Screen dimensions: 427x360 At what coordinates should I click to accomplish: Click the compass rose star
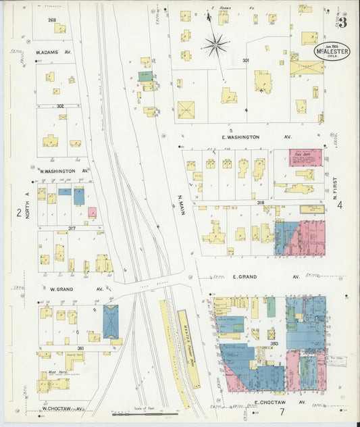(x=216, y=45)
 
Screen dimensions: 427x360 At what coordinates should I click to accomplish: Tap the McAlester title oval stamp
(x=331, y=53)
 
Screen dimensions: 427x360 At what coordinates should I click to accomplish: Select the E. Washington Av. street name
(x=240, y=136)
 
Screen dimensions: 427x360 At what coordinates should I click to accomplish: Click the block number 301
(x=246, y=61)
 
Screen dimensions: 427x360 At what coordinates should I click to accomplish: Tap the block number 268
(x=52, y=20)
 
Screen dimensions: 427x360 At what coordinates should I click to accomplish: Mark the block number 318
(x=260, y=203)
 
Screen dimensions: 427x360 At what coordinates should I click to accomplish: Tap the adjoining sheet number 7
(x=282, y=412)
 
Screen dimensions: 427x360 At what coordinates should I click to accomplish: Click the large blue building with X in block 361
(x=110, y=321)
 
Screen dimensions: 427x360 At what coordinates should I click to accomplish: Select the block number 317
(x=71, y=228)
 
